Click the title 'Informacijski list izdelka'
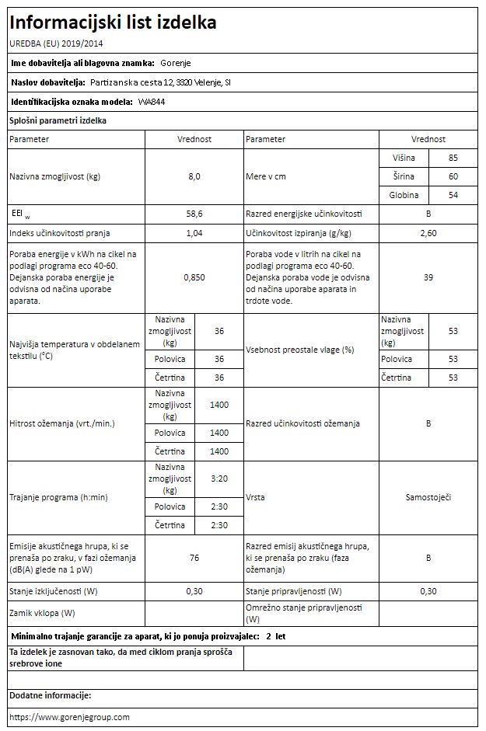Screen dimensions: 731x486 pos(114,22)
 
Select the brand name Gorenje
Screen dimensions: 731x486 pos(174,63)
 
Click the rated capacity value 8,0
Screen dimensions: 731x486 pos(194,176)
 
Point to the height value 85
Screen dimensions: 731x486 pos(453,158)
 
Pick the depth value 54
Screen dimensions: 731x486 pos(453,195)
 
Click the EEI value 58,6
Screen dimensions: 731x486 pos(194,214)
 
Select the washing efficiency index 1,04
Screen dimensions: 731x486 pos(194,233)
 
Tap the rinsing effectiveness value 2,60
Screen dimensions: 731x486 pos(428,233)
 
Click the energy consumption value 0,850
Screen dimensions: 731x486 pos(194,277)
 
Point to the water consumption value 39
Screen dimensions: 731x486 pos(428,277)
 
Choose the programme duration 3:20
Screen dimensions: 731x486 pos(219,479)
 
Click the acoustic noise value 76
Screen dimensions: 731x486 pos(194,557)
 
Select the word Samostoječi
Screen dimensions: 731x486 pos(428,496)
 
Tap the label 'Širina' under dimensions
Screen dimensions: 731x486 pos(404,176)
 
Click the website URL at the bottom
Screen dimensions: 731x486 pos(69,716)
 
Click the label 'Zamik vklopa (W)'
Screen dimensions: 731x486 pos(43,613)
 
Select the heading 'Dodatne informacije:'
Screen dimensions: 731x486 pos(51,695)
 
